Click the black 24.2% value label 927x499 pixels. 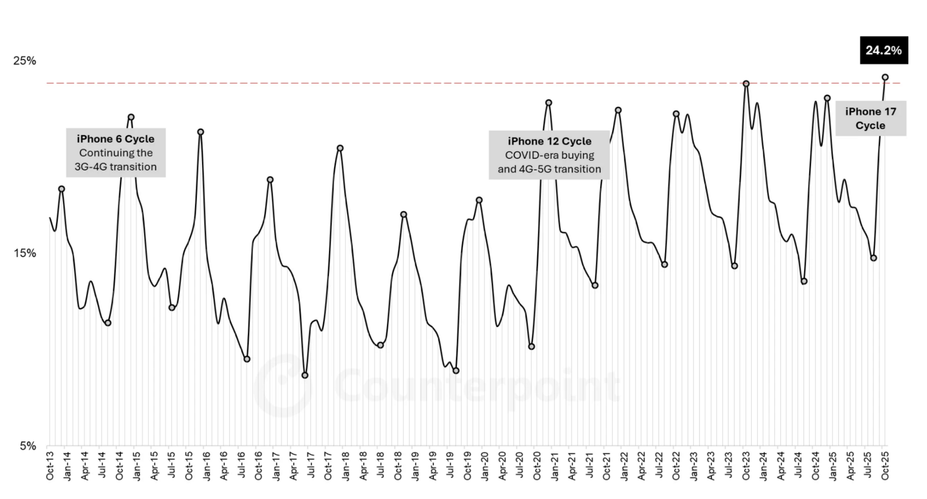click(x=883, y=50)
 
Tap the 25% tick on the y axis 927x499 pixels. click(x=24, y=61)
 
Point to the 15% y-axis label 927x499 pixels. click(x=24, y=253)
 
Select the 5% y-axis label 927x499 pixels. click(x=27, y=446)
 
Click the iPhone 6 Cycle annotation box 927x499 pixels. click(x=116, y=153)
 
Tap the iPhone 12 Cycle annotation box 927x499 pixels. click(x=549, y=155)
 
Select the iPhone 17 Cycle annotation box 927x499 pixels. click(x=870, y=118)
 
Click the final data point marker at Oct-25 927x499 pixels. click(x=885, y=77)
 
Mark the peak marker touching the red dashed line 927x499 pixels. click(x=746, y=84)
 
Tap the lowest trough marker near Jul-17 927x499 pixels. click(x=305, y=375)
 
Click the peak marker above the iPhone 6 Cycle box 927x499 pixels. click(x=131, y=117)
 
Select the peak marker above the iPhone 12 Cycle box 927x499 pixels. click(x=548, y=103)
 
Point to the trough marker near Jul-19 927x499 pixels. click(x=456, y=371)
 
